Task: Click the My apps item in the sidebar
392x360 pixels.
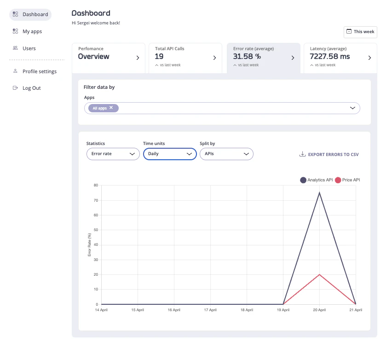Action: [x=32, y=31]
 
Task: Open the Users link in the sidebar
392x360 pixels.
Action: [x=29, y=48]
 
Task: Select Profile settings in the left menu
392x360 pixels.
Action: [x=39, y=71]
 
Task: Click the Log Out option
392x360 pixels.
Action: [x=31, y=88]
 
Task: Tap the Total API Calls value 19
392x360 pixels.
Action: [x=159, y=57]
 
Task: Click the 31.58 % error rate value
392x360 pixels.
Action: [x=247, y=57]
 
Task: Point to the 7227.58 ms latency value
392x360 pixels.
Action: [x=329, y=57]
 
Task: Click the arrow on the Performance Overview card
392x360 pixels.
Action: [x=138, y=58]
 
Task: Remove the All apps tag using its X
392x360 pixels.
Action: [x=111, y=108]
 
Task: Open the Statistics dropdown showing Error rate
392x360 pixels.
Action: [x=113, y=154]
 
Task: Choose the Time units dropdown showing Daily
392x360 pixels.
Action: [x=170, y=154]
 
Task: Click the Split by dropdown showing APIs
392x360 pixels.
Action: [x=226, y=154]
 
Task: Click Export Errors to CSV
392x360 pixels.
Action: [x=329, y=155]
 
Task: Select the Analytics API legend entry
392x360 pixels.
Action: [x=317, y=180]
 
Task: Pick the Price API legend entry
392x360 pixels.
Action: [x=348, y=180]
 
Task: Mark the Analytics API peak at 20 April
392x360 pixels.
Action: [x=319, y=192]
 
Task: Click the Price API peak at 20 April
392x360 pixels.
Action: [x=319, y=274]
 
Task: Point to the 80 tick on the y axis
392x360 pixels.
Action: [x=96, y=185]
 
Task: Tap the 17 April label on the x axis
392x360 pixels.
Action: [x=210, y=310]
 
